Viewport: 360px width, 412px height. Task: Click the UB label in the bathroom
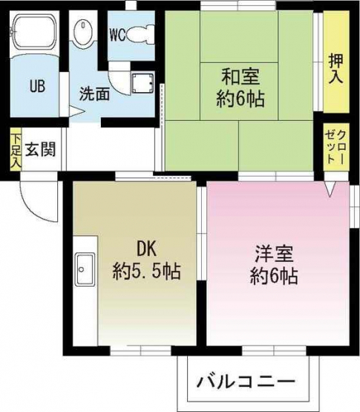(38, 86)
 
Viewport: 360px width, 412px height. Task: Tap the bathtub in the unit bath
(34, 32)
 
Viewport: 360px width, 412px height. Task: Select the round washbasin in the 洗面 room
(83, 30)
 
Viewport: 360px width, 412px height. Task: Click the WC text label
(117, 35)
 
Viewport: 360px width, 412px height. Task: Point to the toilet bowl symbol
(140, 33)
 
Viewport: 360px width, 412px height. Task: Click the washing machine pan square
(143, 83)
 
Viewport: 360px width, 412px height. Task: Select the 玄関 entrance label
(40, 149)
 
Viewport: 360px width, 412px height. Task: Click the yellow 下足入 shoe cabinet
(16, 149)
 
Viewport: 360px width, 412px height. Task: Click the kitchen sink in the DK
(85, 269)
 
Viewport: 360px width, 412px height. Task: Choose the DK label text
(146, 249)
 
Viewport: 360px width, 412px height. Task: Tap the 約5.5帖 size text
(147, 271)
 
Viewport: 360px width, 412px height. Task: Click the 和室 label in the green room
(240, 76)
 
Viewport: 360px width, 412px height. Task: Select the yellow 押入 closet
(336, 62)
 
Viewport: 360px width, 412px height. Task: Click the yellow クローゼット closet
(336, 147)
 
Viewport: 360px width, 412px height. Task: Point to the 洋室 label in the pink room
(274, 254)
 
